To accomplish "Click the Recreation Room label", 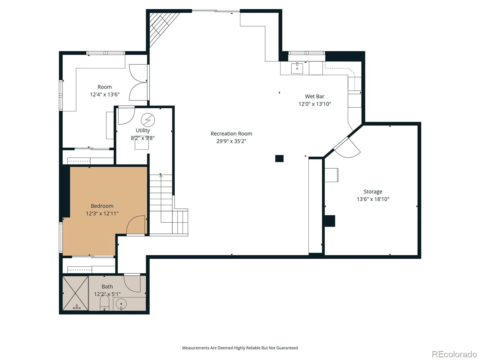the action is click(x=231, y=133).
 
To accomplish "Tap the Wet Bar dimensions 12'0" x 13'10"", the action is click(x=315, y=104).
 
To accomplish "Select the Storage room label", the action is click(x=373, y=191).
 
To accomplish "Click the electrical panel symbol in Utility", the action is click(x=148, y=120).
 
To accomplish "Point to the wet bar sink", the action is click(x=297, y=68).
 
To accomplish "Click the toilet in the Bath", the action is click(x=104, y=302).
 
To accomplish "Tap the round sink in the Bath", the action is click(x=121, y=304).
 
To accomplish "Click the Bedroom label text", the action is click(x=102, y=206).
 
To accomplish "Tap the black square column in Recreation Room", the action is click(x=279, y=158).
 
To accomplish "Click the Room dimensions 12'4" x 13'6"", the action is click(x=104, y=94).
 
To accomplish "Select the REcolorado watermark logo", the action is click(x=454, y=354).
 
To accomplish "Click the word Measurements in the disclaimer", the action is click(x=196, y=348).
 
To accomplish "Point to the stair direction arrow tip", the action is click(x=161, y=175).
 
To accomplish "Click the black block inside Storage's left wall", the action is click(x=330, y=221).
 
